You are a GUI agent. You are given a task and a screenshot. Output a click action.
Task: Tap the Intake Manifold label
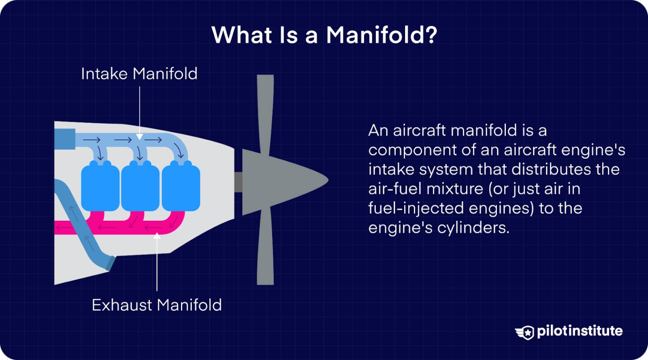(139, 74)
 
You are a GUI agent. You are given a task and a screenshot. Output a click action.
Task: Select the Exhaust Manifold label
(157, 305)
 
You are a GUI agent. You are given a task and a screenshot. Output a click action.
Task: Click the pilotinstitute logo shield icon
(525, 332)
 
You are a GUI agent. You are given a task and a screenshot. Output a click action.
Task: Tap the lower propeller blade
(265, 249)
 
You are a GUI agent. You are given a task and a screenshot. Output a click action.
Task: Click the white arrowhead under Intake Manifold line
(140, 137)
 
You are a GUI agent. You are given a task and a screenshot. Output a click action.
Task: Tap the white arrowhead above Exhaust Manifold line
(157, 236)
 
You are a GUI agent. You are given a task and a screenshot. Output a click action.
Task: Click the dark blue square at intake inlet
(65, 139)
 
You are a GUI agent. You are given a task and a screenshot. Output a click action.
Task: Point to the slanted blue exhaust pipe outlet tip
(110, 263)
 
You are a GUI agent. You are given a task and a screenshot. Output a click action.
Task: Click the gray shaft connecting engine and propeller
(238, 182)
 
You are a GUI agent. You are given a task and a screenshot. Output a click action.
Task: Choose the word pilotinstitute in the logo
(580, 331)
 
